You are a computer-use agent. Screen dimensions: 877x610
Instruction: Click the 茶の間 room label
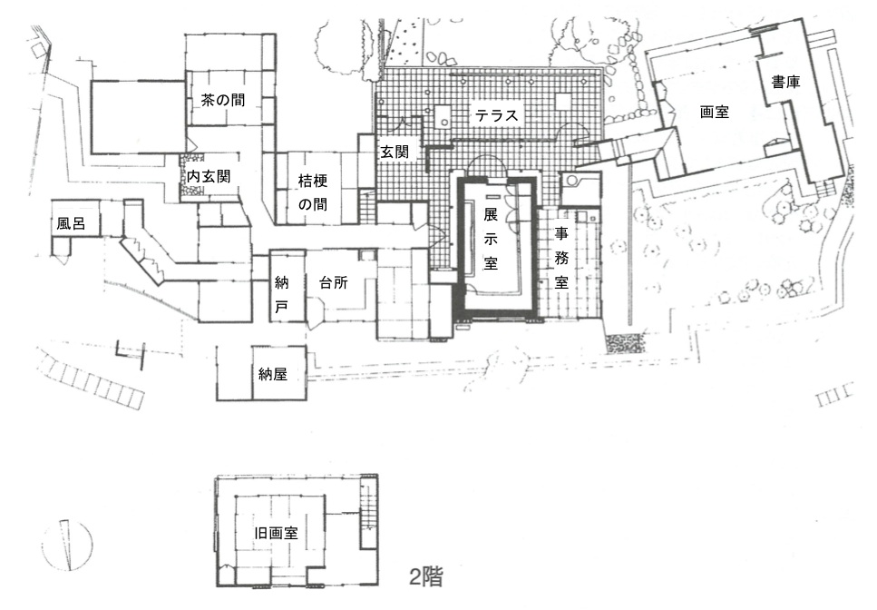(222, 100)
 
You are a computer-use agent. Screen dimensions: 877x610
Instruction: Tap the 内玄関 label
(208, 177)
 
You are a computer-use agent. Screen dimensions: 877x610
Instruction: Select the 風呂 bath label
(71, 224)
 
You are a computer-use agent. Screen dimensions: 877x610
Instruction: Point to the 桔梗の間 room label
(313, 192)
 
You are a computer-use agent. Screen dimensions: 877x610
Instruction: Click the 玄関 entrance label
(395, 152)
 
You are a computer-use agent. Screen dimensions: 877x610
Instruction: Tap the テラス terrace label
(497, 116)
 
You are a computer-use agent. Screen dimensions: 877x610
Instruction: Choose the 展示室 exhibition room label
(490, 239)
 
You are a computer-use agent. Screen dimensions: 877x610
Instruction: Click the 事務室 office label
(561, 258)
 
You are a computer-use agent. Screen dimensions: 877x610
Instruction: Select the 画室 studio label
(715, 112)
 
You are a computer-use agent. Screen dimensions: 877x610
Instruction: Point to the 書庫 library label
(785, 83)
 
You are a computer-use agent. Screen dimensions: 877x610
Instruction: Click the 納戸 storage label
(281, 294)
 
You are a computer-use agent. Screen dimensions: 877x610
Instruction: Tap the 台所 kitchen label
(334, 282)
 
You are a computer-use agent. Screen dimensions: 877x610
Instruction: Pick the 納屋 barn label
(272, 374)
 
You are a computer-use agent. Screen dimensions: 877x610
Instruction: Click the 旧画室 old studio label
(277, 534)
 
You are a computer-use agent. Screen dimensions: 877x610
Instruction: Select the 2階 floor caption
(425, 576)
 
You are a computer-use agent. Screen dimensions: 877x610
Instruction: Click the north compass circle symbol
(68, 546)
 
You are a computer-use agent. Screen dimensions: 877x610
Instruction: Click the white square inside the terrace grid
(563, 102)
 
